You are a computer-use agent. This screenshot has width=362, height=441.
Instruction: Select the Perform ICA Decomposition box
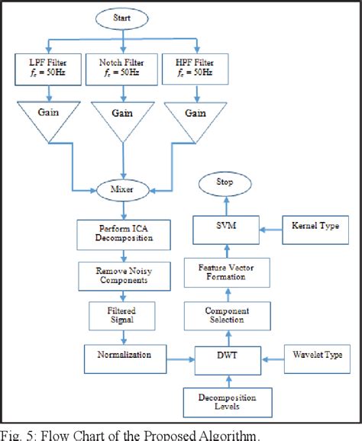(125, 232)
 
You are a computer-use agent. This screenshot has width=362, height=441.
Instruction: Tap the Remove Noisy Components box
(125, 275)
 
